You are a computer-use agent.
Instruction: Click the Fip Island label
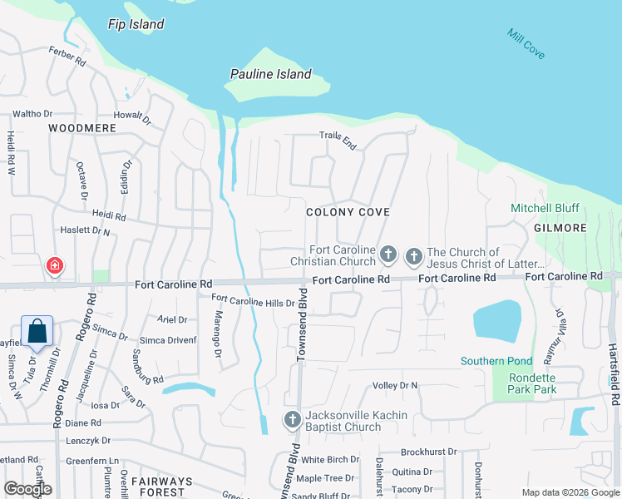[136, 24]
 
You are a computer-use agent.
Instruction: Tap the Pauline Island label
[271, 74]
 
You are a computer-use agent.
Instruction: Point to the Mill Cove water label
[526, 43]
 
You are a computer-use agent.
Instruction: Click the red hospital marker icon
[54, 266]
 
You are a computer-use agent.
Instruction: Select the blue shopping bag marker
[37, 332]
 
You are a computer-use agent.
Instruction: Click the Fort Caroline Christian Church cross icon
[388, 253]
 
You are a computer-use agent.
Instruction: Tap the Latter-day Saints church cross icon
[413, 258]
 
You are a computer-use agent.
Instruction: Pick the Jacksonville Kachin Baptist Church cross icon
[292, 419]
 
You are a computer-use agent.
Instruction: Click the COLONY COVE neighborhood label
[348, 212]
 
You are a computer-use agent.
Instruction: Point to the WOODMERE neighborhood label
[82, 128]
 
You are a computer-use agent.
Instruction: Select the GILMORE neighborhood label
[560, 227]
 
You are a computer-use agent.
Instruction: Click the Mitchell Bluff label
[545, 208]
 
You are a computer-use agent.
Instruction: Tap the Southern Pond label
[496, 361]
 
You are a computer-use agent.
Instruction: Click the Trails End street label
[338, 141]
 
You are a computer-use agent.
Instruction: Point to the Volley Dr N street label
[395, 385]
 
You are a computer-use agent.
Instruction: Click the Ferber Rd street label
[67, 57]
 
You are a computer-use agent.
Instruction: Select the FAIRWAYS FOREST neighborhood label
[162, 487]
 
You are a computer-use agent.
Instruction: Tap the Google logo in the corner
[27, 488]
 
